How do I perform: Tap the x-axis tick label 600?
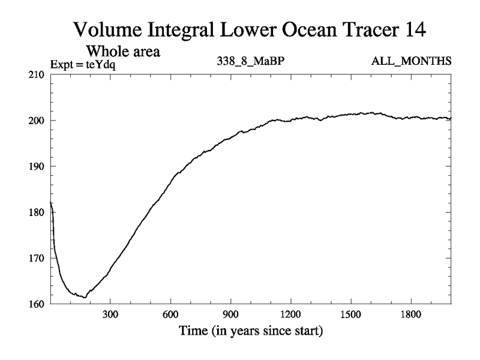click(170, 314)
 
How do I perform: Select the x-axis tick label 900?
click(230, 314)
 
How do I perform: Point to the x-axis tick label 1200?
click(290, 314)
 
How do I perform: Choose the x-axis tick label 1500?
click(350, 314)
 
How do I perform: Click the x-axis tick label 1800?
click(410, 314)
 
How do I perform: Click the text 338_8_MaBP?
click(246, 61)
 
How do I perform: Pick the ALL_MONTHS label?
click(412, 61)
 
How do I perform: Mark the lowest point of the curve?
click(85, 297)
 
